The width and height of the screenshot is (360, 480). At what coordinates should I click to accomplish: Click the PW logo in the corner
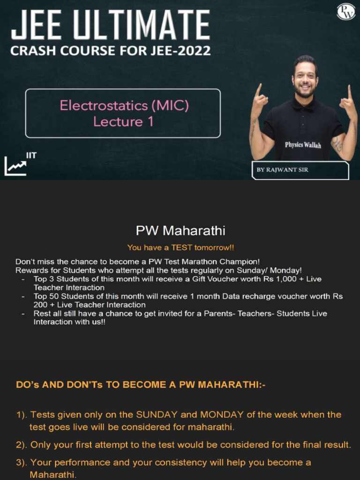346,12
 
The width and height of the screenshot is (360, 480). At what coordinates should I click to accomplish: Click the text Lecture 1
124,121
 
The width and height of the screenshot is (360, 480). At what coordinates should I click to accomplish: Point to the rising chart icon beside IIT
15,166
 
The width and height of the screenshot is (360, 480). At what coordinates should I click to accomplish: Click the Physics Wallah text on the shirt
303,144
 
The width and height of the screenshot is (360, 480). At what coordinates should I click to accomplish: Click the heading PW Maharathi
180,231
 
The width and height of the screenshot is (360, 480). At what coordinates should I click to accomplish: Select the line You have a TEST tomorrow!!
180,247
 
